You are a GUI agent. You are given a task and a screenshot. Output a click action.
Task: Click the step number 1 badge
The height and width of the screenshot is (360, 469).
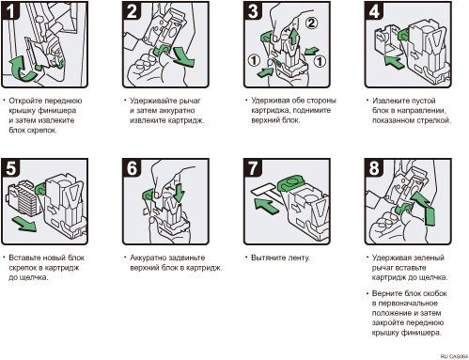pyautogui.click(x=9, y=11)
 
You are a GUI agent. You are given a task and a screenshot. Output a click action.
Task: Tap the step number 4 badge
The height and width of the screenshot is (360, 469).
pyautogui.click(x=374, y=11)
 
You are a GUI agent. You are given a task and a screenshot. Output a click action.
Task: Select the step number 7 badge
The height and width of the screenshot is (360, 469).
pyautogui.click(x=253, y=167)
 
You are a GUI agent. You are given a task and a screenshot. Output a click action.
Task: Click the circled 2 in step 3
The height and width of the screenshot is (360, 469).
pyautogui.click(x=311, y=23)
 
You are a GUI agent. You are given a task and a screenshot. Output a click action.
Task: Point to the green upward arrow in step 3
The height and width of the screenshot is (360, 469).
pyautogui.click(x=293, y=37)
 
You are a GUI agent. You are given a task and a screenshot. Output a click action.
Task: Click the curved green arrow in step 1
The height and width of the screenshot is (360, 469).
pyautogui.click(x=22, y=70)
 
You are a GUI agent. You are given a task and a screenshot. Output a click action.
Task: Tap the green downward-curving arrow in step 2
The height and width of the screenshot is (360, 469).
pyautogui.click(x=184, y=56)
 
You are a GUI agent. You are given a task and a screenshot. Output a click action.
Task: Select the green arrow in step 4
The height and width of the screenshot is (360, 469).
pyautogui.click(x=394, y=61)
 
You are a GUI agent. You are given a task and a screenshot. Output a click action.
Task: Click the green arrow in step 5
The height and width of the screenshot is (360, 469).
pyautogui.click(x=24, y=225)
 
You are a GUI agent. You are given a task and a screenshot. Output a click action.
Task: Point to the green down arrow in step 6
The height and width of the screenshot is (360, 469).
pyautogui.click(x=179, y=193)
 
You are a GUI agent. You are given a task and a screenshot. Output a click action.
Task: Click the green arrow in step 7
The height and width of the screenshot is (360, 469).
pyautogui.click(x=266, y=206)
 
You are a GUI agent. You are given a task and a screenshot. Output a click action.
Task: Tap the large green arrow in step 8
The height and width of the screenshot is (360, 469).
pyautogui.click(x=424, y=208)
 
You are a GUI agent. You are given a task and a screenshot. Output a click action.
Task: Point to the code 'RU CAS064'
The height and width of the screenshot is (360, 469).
pyautogui.click(x=454, y=356)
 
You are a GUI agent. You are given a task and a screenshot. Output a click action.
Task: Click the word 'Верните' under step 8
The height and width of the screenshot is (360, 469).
pyautogui.click(x=387, y=293)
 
